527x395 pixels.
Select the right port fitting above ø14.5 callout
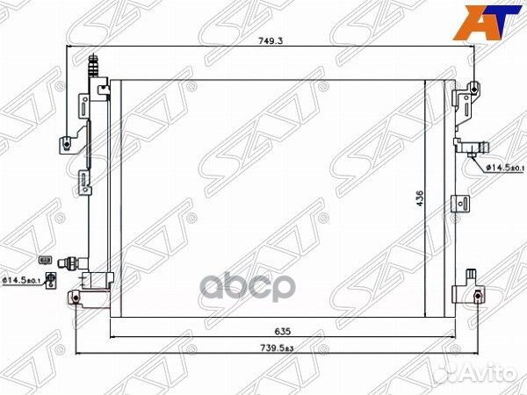click(x=469, y=147)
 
